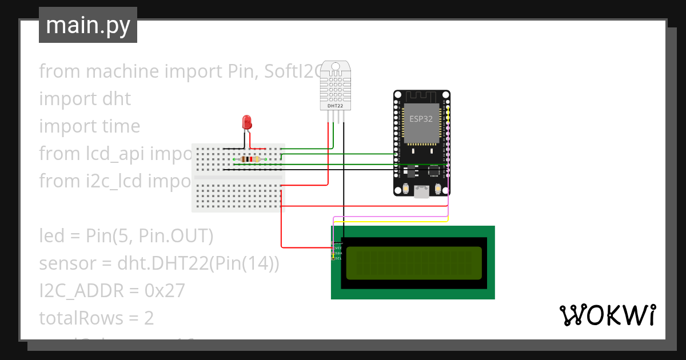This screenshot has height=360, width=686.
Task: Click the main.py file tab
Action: [x=87, y=25]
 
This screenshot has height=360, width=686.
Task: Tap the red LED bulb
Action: [x=247, y=122]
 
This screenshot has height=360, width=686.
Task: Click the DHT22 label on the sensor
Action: [x=335, y=106]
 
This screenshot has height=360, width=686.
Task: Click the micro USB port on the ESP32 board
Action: [x=422, y=192]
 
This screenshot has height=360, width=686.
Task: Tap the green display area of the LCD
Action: [x=413, y=263]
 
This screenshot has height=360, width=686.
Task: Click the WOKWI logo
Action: [x=607, y=315]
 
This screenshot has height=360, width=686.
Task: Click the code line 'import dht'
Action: [x=85, y=99]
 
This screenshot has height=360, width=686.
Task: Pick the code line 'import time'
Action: [x=89, y=126]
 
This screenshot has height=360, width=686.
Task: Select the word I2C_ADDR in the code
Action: [x=81, y=291]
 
